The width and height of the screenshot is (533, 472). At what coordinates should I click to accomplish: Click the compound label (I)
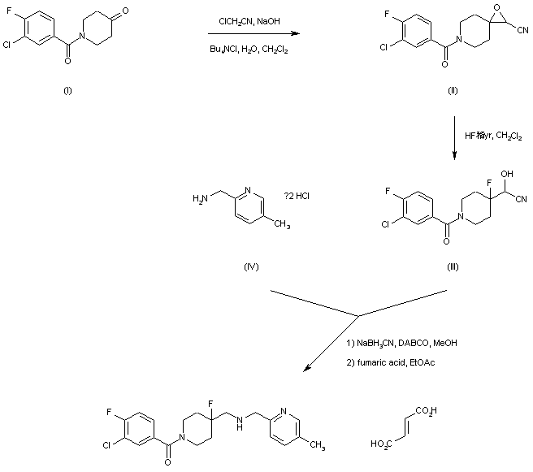[67, 90]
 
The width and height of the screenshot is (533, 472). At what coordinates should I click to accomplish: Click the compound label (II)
[453, 90]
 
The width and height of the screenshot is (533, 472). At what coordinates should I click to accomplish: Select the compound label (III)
[453, 266]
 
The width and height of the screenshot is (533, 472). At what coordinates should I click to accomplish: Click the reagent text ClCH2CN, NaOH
[247, 21]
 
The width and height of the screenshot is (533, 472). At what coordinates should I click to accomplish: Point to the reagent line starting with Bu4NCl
[248, 50]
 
